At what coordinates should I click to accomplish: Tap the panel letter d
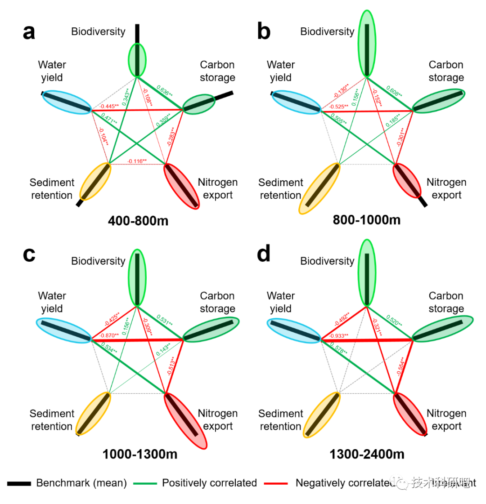click(x=263, y=254)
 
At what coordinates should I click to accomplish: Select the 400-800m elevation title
click(x=138, y=220)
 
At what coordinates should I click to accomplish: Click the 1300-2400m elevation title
click(x=367, y=454)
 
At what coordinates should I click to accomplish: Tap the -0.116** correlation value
click(x=137, y=161)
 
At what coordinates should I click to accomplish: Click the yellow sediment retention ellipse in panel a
click(x=95, y=181)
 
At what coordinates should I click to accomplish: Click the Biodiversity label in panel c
click(x=98, y=261)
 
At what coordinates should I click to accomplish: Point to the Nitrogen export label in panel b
click(x=446, y=189)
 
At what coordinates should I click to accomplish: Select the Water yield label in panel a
click(x=52, y=71)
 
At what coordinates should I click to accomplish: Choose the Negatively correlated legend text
click(x=345, y=483)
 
